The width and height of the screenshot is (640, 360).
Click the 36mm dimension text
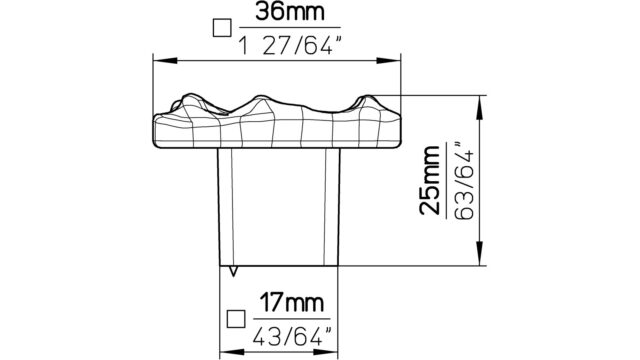click(290, 12)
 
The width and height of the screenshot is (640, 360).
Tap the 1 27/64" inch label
click(289, 46)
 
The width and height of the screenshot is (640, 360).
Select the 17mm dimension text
click(292, 303)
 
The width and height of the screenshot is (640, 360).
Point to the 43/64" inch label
click(291, 337)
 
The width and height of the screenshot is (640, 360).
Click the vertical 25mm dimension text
click(430, 180)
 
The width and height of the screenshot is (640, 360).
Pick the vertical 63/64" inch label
click(464, 181)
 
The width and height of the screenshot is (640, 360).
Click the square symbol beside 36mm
click(222, 28)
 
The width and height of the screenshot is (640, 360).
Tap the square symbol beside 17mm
click(236, 319)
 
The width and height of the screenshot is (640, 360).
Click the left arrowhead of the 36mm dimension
click(165, 61)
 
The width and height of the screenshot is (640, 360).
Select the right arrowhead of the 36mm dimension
click(389, 61)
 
